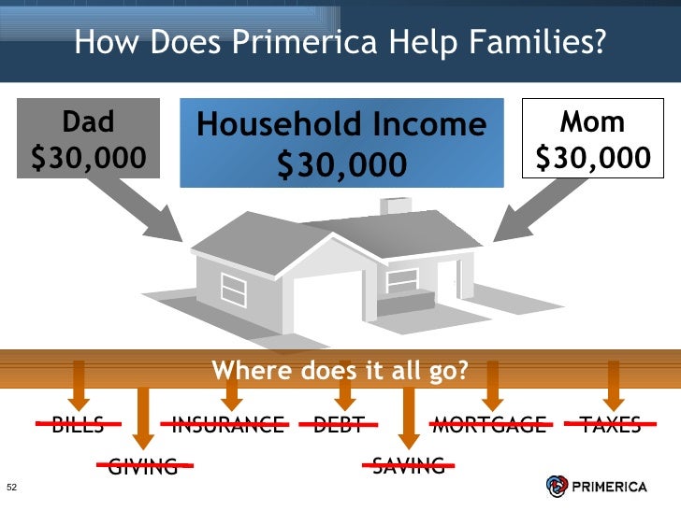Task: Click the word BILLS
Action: [78, 426]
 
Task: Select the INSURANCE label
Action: [228, 426]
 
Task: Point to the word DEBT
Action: [339, 426]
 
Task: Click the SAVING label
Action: [409, 464]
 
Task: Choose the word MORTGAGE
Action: [488, 426]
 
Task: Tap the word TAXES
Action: [611, 426]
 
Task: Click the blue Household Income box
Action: [342, 143]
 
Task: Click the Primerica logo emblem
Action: [557, 485]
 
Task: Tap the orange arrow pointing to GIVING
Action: [143, 416]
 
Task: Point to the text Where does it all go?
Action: [340, 371]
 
